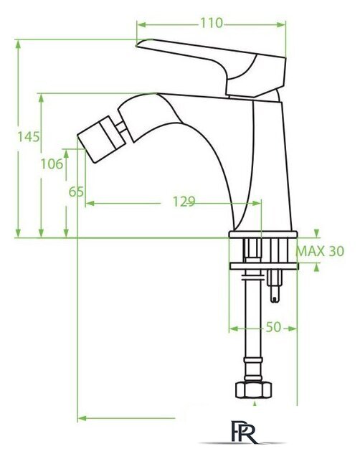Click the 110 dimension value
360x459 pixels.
[212, 23]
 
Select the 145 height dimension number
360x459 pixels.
[29, 137]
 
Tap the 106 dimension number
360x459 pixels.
[52, 164]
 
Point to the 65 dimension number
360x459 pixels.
[76, 192]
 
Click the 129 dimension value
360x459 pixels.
[184, 202]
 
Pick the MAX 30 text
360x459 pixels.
[320, 251]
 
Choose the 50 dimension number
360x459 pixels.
[273, 327]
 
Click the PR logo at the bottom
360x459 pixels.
[244, 432]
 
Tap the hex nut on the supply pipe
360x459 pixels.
[253, 389]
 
